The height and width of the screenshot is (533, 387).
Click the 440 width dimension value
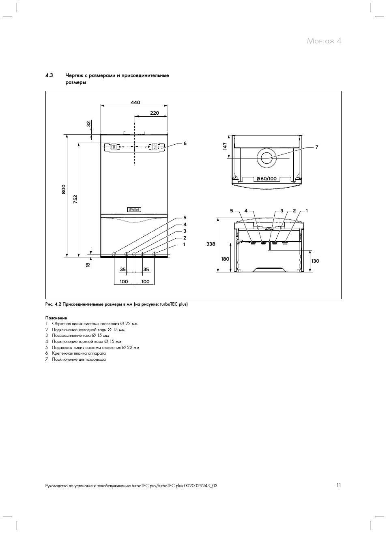click(x=135, y=103)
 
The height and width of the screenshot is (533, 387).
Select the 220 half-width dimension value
click(x=154, y=113)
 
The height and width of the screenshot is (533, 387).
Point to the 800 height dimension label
click(x=64, y=189)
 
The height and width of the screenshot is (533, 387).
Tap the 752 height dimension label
click(x=75, y=199)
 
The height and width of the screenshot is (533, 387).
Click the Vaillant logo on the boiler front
click(x=134, y=210)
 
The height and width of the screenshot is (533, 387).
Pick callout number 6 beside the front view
click(x=185, y=143)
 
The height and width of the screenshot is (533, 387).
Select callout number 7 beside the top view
click(x=317, y=147)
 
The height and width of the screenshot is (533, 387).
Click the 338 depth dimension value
click(x=211, y=244)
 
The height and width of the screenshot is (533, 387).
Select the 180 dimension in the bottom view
click(x=225, y=259)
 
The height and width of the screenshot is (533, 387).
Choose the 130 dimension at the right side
click(x=315, y=261)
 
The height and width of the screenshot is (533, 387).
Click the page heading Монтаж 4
click(x=324, y=41)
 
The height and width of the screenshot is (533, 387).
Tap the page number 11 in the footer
click(x=338, y=485)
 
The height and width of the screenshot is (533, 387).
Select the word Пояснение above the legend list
click(x=56, y=318)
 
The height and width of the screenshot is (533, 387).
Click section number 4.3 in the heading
click(x=49, y=75)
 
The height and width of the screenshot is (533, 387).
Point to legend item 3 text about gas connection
click(x=80, y=336)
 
